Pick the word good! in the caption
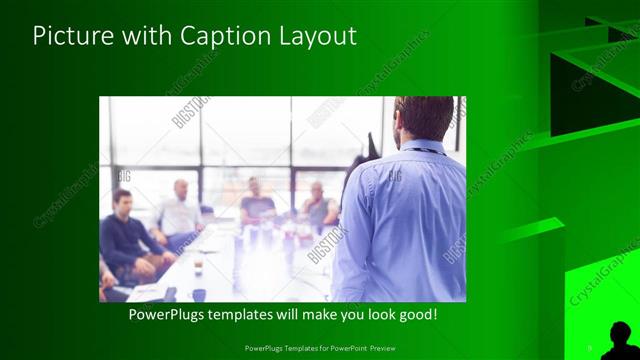point(417,313)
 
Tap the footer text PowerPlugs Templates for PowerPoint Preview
point(319,347)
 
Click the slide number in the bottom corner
point(589,347)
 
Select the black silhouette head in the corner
point(620,334)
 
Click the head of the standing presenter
point(424,118)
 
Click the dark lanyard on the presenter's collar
point(426,149)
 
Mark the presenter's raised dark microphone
point(372,145)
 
